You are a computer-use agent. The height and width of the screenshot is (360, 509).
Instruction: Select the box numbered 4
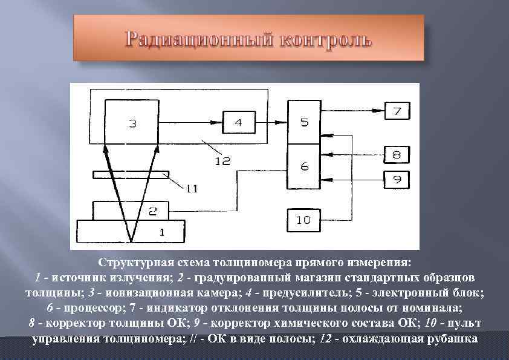pos(238,122)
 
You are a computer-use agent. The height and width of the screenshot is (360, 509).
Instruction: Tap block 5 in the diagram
pos(304,122)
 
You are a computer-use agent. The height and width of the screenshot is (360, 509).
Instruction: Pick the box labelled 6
pos(304,166)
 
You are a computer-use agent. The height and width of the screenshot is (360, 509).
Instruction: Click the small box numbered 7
pos(397,111)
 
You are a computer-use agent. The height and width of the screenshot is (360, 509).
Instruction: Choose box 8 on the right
pos(397,155)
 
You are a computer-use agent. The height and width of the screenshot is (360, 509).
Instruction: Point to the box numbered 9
pos(397,179)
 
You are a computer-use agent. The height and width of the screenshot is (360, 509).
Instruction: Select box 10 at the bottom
pos(303,219)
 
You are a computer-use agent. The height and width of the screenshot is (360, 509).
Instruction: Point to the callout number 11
pos(192,189)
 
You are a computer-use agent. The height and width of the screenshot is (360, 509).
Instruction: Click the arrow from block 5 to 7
pos(353,111)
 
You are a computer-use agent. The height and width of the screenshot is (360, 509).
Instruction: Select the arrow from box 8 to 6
pos(353,155)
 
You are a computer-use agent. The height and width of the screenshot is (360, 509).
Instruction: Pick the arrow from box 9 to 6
pos(353,179)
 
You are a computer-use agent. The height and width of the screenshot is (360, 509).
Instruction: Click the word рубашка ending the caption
pos(448,338)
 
